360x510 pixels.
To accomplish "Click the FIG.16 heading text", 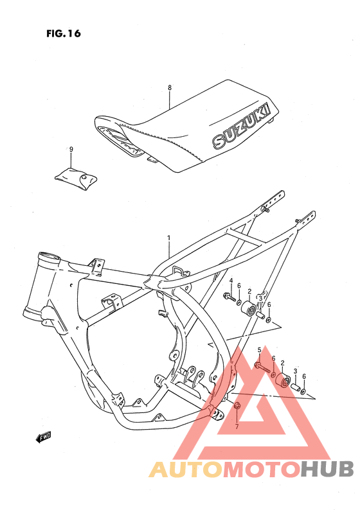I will coord(63,33).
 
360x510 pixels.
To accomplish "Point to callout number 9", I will coord(71,150).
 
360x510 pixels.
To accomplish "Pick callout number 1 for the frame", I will coord(169,238).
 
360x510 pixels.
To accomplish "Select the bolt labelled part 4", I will coord(230,296).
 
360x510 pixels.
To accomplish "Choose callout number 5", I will coord(259,349).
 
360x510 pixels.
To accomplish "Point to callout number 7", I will coord(236,426).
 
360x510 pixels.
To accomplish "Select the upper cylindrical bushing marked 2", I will coord(246,312).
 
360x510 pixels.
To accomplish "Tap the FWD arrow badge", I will coord(43,438).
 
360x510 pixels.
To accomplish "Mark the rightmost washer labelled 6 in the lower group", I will coord(304,391).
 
